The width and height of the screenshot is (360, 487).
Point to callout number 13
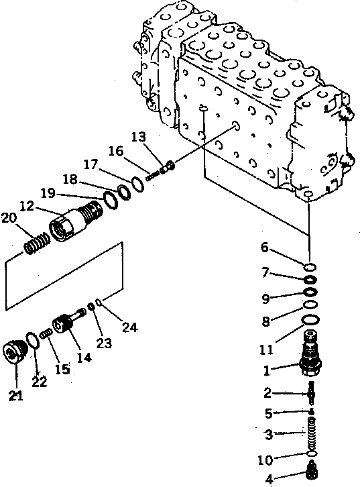138,137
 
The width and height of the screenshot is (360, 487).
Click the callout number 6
265,248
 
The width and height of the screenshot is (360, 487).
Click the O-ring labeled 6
309,266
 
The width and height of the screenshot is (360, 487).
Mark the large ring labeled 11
310,321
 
